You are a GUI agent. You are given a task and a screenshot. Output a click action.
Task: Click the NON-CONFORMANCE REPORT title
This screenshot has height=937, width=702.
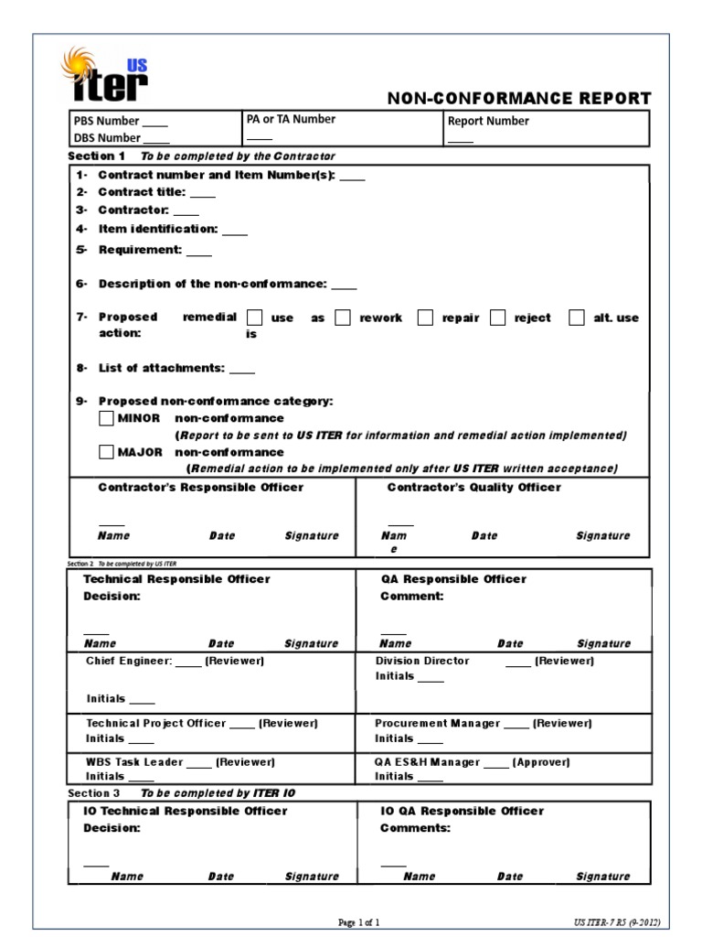[x=520, y=99]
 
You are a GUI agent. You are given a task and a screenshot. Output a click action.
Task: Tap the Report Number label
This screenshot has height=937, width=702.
[x=488, y=121]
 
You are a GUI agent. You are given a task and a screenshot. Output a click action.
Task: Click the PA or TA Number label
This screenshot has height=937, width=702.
[x=291, y=119]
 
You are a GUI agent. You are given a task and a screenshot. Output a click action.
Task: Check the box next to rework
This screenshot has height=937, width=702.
[x=343, y=318]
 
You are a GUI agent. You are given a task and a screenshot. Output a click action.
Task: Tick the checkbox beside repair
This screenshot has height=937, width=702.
[x=425, y=318]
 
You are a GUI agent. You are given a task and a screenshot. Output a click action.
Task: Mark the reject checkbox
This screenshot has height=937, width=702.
[x=497, y=318]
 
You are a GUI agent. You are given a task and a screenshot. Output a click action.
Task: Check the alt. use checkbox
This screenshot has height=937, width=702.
[x=576, y=318]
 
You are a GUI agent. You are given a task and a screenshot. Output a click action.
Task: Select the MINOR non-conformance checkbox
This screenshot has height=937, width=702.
[x=106, y=418]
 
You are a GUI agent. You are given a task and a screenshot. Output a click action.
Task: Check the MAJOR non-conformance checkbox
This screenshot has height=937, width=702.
[x=106, y=452]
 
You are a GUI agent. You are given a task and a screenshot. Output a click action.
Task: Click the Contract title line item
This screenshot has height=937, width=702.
[x=156, y=192]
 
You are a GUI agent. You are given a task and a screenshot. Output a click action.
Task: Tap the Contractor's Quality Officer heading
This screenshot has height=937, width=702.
[x=473, y=487]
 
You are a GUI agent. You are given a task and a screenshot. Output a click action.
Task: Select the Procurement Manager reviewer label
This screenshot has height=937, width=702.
[x=483, y=723]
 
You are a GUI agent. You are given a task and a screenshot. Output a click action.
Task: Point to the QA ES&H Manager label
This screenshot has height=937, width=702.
[x=472, y=761]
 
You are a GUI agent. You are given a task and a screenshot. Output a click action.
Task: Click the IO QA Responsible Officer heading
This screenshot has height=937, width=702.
[x=462, y=811]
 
